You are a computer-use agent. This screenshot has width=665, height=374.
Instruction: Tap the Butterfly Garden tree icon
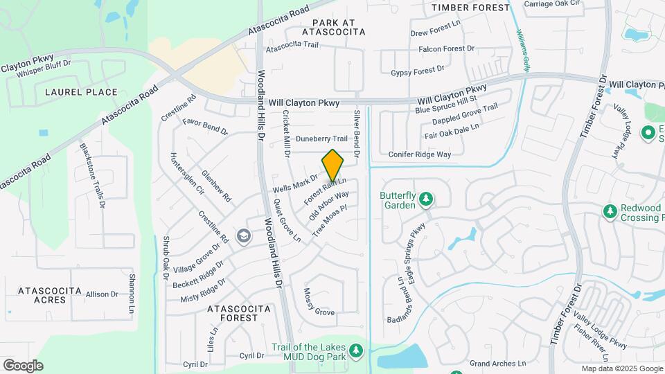pos(427,201)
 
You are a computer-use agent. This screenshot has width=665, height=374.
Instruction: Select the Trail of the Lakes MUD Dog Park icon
pos(357,351)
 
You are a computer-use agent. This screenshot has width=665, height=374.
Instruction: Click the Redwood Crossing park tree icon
pos(610,211)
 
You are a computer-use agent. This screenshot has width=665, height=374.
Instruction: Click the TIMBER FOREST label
pos(470,8)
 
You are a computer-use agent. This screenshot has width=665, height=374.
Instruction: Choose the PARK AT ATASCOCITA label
pos(333,26)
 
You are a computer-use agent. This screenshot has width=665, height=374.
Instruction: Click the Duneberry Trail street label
pos(321,139)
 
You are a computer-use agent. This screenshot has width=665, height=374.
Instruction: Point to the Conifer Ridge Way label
pos(420,154)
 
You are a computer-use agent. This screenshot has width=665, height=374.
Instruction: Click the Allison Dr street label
pos(102,294)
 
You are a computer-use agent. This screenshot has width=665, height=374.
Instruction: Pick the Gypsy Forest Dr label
pos(417,71)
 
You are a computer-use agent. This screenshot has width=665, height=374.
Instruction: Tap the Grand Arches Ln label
pos(497,363)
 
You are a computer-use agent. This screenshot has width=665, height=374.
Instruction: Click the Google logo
pos(23,365)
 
